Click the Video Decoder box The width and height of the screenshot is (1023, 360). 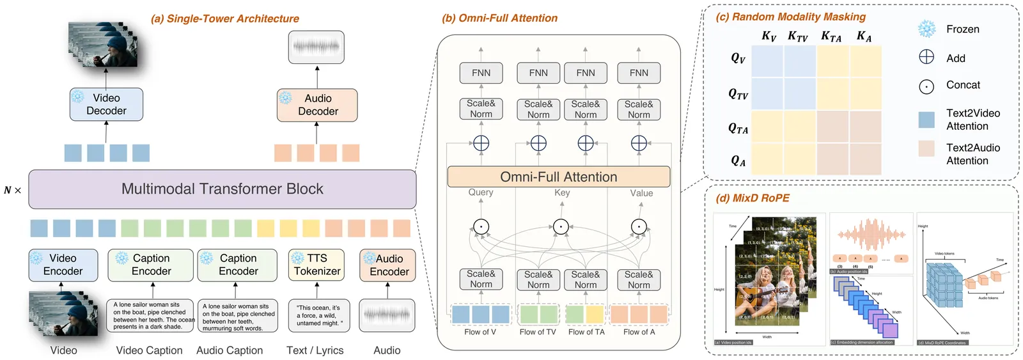(106, 104)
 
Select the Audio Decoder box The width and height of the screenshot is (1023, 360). (317, 105)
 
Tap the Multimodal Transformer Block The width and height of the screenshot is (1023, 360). (222, 189)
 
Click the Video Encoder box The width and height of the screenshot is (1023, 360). (63, 265)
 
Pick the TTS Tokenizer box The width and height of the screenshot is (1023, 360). (316, 265)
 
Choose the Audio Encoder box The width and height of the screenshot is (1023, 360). (387, 265)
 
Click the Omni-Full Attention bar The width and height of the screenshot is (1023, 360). (558, 176)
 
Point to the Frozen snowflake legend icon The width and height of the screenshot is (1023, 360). (926, 29)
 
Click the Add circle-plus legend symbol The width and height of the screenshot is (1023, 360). (926, 58)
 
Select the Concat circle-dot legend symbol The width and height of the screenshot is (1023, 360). (926, 86)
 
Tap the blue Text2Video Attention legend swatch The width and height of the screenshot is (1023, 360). (926, 120)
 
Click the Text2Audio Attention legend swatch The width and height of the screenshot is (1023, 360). (926, 148)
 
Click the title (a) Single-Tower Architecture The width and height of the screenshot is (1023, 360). (224, 19)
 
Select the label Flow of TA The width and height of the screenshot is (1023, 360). (586, 332)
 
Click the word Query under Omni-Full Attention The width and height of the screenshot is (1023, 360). (481, 192)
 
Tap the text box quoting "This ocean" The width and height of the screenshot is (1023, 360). (316, 315)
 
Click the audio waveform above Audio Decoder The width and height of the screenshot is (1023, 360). (316, 47)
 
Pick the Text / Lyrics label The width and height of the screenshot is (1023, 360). (315, 350)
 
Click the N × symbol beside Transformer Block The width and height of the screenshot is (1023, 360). (13, 190)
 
